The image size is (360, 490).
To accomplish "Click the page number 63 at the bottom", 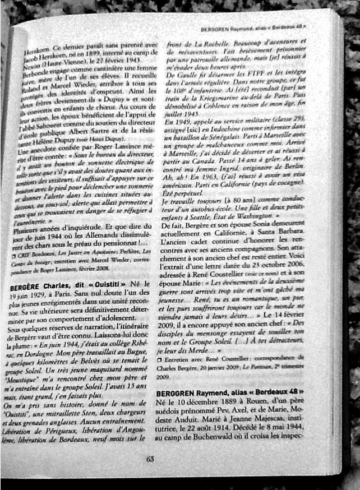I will [150, 459].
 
